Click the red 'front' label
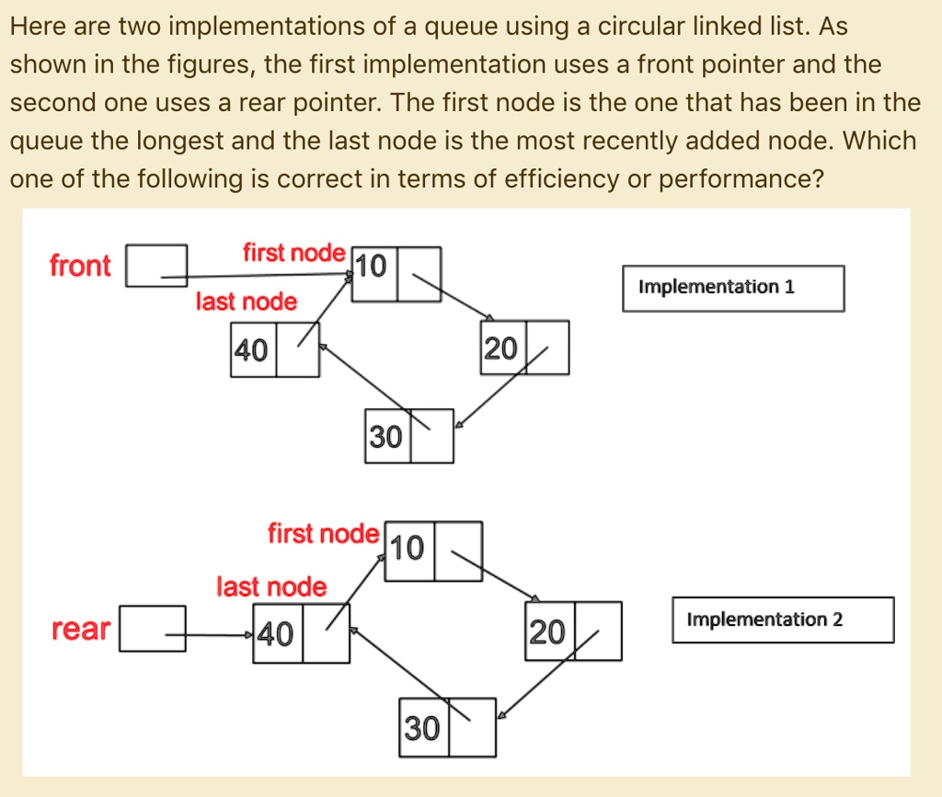pos(80,265)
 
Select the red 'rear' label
pos(81,629)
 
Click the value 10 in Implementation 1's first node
pos(371,267)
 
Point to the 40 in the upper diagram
pos(251,350)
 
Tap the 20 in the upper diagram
pos(500,348)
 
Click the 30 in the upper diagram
pos(385,437)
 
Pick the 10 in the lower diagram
pos(407,548)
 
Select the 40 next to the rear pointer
pos(276,633)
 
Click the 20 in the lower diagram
pos(547,632)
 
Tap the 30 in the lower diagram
pos(422,729)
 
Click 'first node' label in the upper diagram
pos(294,253)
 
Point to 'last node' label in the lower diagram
pos(271,586)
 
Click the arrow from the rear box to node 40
pos(209,634)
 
